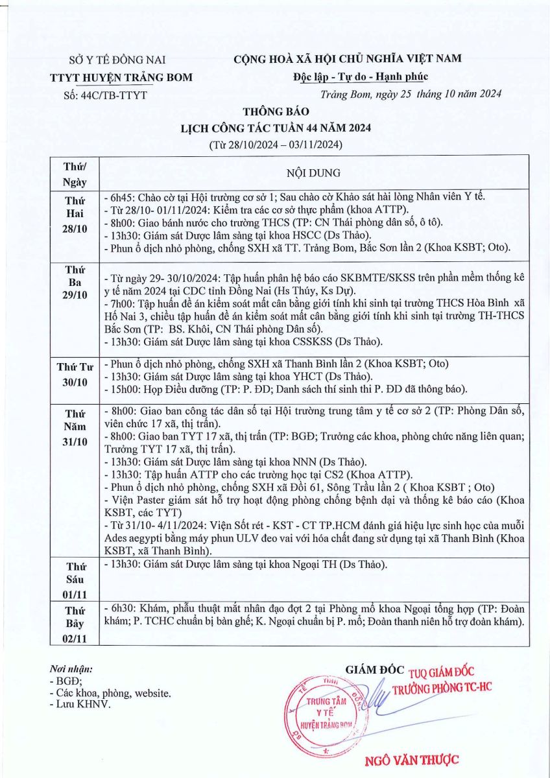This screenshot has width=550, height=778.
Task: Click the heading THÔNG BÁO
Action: coord(276,112)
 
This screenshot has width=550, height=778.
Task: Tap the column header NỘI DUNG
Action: coord(313,173)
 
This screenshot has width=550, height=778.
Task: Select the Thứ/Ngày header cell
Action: coord(75,174)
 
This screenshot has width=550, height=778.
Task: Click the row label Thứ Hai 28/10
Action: coord(75,215)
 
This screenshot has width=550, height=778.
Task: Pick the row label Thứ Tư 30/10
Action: coord(75,374)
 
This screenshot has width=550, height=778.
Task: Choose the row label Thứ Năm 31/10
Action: coord(75,428)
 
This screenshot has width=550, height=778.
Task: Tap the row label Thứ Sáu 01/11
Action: coord(75,580)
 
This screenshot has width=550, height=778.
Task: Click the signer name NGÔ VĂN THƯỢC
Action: coord(413,760)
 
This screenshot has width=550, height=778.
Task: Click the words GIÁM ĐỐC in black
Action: coord(375,669)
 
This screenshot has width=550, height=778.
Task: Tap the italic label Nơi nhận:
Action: coord(71,668)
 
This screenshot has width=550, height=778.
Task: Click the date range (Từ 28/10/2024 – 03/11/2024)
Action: coord(276,143)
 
